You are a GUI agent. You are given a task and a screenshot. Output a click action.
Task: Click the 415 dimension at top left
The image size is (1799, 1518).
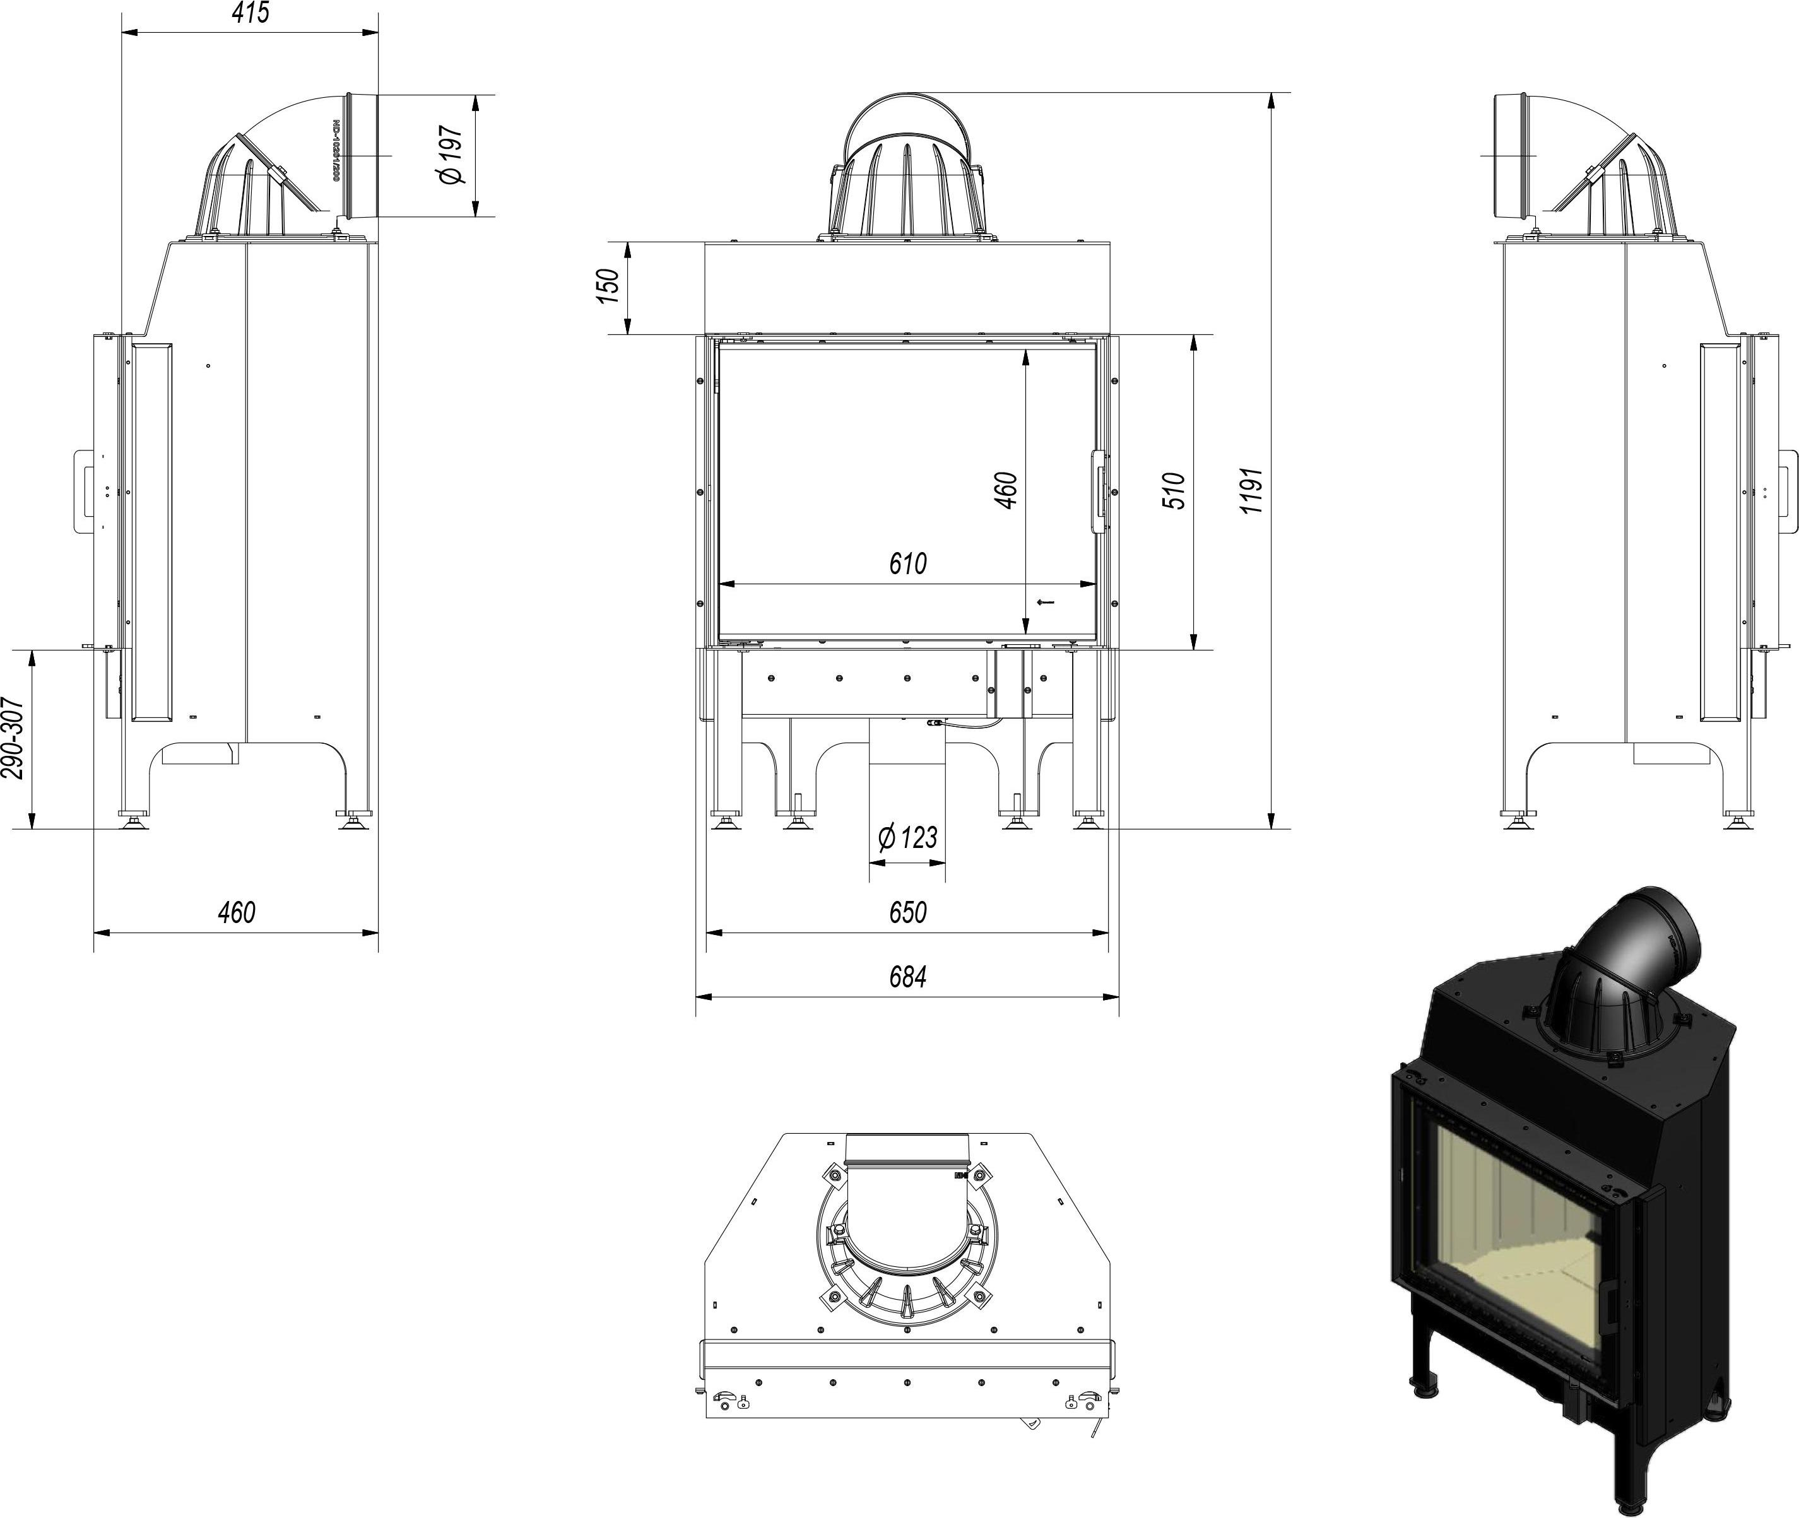251,13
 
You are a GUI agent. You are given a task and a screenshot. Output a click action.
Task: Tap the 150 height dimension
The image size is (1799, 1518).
608,286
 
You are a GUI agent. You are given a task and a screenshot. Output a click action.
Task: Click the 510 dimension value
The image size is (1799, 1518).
1176,490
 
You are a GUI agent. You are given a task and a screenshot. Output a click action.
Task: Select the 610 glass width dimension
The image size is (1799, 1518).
907,563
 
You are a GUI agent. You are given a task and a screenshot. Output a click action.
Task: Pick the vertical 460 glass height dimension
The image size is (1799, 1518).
1006,490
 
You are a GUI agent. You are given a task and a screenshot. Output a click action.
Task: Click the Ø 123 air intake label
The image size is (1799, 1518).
907,837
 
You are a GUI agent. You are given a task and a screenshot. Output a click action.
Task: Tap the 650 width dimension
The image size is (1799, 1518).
907,911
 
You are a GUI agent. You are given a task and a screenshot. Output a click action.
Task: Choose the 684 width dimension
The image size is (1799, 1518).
907,977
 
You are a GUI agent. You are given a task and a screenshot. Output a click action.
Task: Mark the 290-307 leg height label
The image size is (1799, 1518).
12,738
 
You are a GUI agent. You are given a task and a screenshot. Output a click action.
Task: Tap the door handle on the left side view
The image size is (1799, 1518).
83,493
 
